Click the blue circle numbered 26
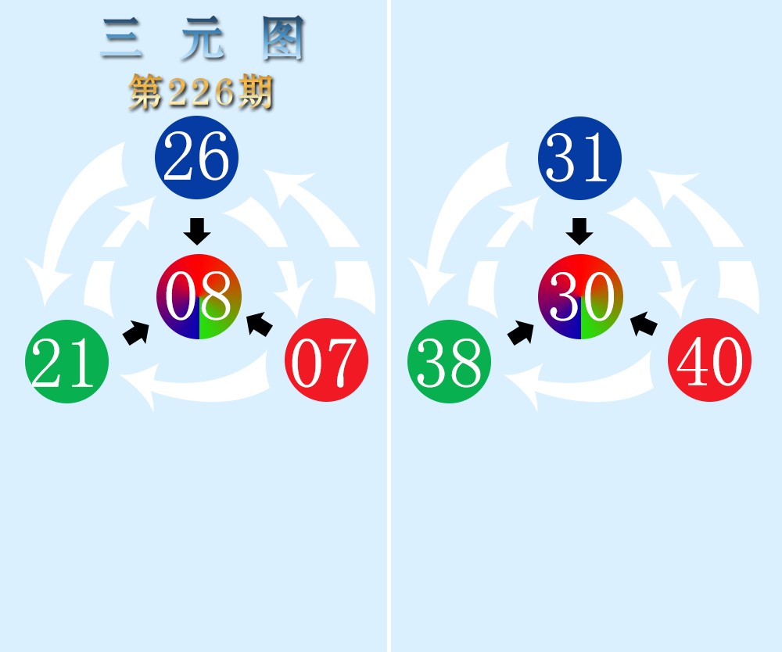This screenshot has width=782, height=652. [x=196, y=157]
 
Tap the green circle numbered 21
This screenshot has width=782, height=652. [x=66, y=361]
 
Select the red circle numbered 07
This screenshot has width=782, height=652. [x=327, y=360]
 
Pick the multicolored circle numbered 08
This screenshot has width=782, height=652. [x=199, y=296]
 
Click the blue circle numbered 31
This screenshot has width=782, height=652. [x=579, y=158]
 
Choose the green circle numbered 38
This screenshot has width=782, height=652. [x=450, y=361]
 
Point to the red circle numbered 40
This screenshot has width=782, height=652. [x=710, y=360]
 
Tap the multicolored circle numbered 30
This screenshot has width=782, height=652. [x=580, y=296]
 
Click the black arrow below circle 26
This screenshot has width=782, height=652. [x=197, y=231]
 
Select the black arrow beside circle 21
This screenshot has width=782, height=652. [x=136, y=332]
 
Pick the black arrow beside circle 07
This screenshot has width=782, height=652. [x=260, y=324]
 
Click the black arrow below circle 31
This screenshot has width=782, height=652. [x=579, y=231]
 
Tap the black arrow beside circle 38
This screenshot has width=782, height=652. [x=520, y=332]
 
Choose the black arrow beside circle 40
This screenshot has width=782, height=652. [x=644, y=324]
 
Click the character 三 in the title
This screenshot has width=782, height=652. [x=122, y=38]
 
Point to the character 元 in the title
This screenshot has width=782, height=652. [x=203, y=38]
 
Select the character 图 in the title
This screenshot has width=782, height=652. [x=283, y=38]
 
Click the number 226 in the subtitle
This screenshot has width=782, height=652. [x=201, y=92]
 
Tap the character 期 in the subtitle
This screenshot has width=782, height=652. [x=256, y=92]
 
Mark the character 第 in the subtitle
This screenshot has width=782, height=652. [x=146, y=92]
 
